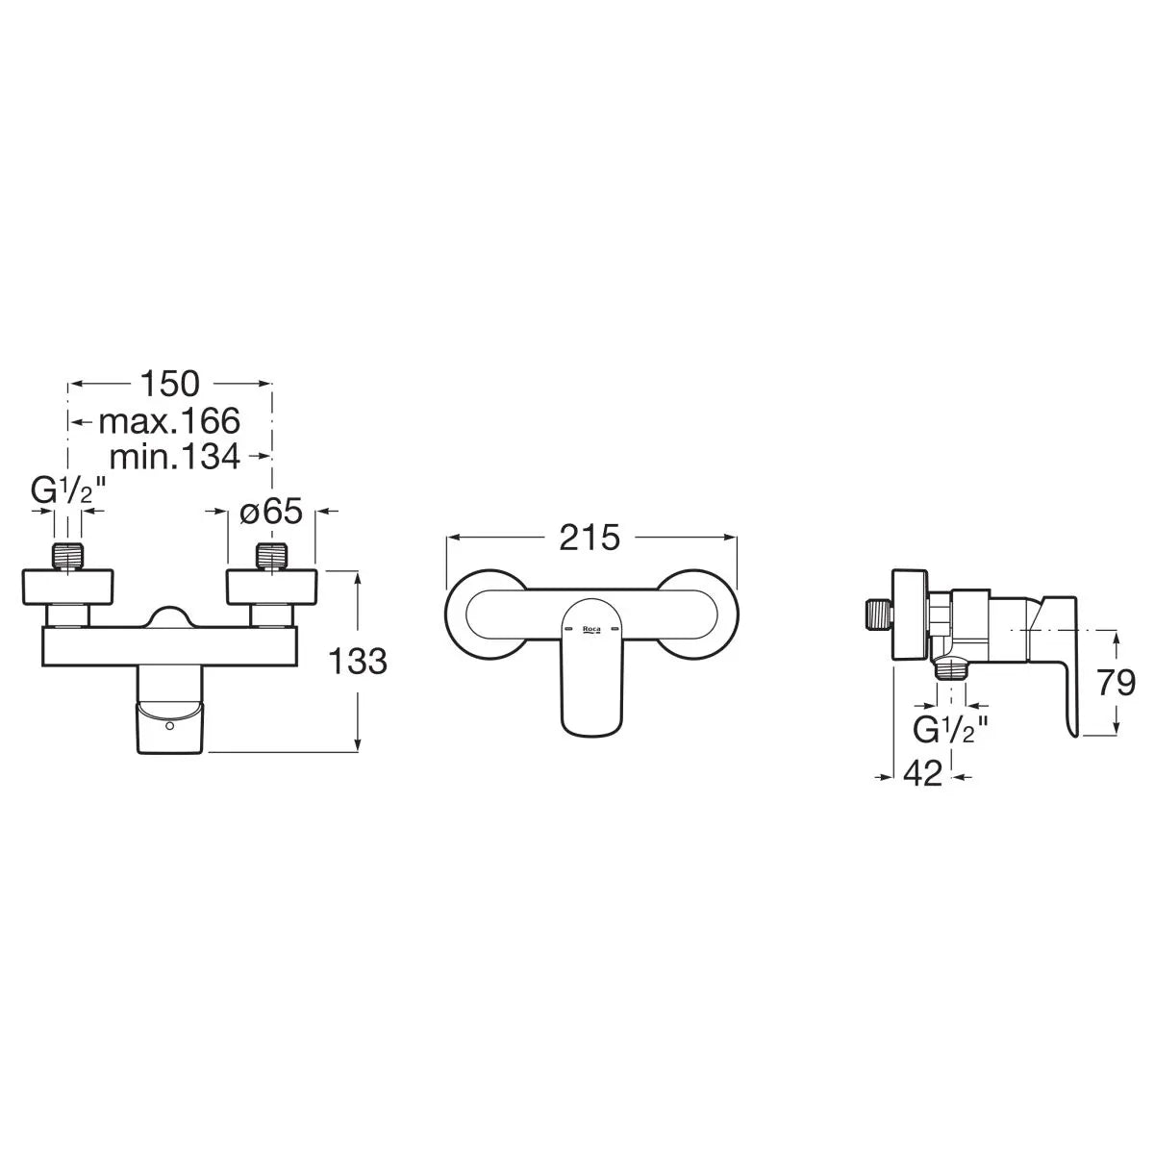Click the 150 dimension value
[169, 384]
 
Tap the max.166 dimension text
[169, 421]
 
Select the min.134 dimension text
[175, 457]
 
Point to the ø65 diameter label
[271, 512]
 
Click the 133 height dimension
[358, 661]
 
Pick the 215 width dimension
[590, 538]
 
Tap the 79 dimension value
[1116, 683]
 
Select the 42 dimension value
[923, 773]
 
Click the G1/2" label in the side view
[950, 730]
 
